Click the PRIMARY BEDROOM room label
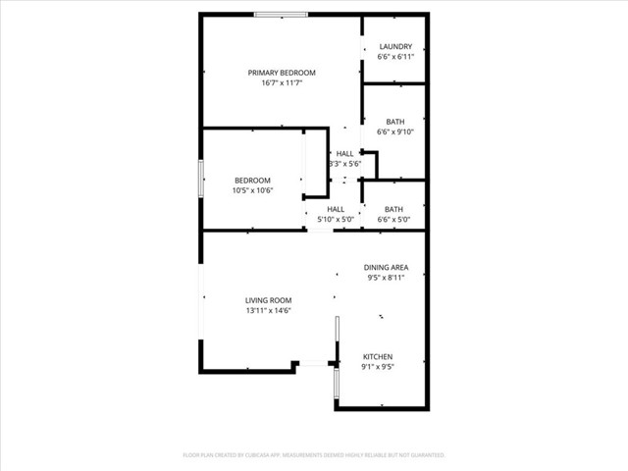coord(282,73)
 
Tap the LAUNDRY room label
coord(394,47)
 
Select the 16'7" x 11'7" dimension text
coord(282,83)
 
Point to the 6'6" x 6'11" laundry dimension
coord(394,57)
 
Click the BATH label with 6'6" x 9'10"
coord(394,122)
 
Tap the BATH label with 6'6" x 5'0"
coord(393,209)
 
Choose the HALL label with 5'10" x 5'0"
coord(336,209)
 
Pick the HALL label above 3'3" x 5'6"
coord(344,153)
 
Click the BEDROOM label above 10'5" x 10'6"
coord(252,180)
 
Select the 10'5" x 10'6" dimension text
coord(252,190)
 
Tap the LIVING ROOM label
coord(268,300)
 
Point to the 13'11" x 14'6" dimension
coord(268,311)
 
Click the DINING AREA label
coord(386,267)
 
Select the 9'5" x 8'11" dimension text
coord(386,278)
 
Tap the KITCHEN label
coord(378,356)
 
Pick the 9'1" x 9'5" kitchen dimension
coord(378,367)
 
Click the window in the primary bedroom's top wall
coord(282,15)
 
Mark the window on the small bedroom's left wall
coord(202,180)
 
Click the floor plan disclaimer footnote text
coord(314,455)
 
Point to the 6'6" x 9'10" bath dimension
coord(394,132)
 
